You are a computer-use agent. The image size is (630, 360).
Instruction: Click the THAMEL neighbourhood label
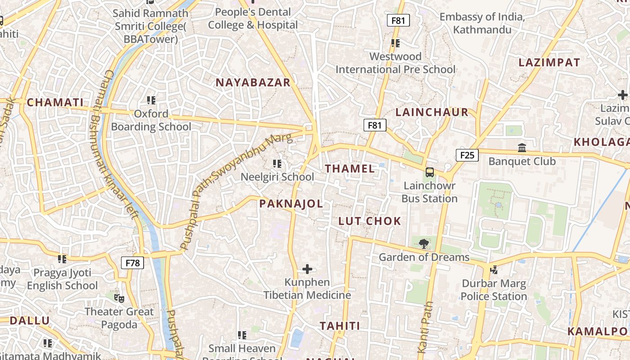click(x=350, y=169)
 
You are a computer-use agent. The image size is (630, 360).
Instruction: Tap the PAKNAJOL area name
click(x=291, y=204)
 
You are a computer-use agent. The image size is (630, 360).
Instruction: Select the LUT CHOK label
click(x=369, y=221)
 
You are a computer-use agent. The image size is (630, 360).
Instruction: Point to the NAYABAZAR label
click(x=253, y=82)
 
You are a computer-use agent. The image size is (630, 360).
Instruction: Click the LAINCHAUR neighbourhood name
click(x=432, y=112)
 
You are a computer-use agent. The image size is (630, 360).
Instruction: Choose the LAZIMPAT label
click(x=549, y=63)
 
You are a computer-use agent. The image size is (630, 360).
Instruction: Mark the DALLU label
click(x=30, y=321)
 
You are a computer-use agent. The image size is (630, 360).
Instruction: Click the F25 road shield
click(x=467, y=156)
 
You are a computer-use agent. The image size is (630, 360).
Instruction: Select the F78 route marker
click(x=133, y=263)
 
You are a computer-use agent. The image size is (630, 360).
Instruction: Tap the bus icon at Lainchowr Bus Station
click(x=430, y=172)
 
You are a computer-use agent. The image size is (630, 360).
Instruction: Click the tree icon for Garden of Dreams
click(x=423, y=244)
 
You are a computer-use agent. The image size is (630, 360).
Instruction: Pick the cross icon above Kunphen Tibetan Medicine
click(x=307, y=269)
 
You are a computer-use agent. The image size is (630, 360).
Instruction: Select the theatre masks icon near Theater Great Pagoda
click(x=119, y=298)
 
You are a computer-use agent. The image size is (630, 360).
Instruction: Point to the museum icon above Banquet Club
click(x=522, y=148)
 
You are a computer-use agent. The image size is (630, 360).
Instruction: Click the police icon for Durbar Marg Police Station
click(x=494, y=270)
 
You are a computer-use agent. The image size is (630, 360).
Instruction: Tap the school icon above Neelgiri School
click(x=277, y=163)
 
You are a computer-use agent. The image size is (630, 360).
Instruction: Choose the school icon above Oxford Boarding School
click(x=151, y=100)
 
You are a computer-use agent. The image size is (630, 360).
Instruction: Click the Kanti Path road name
click(x=425, y=327)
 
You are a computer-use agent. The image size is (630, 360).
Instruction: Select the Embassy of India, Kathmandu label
click(x=482, y=23)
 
